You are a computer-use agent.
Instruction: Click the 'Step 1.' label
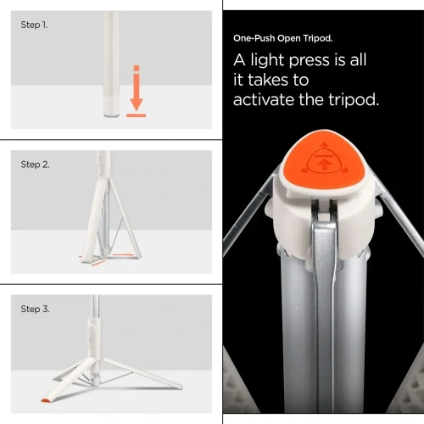(34, 25)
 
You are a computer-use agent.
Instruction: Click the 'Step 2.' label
(35, 165)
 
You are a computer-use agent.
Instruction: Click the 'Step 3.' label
(35, 309)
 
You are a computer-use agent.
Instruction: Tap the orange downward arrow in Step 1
(136, 89)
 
